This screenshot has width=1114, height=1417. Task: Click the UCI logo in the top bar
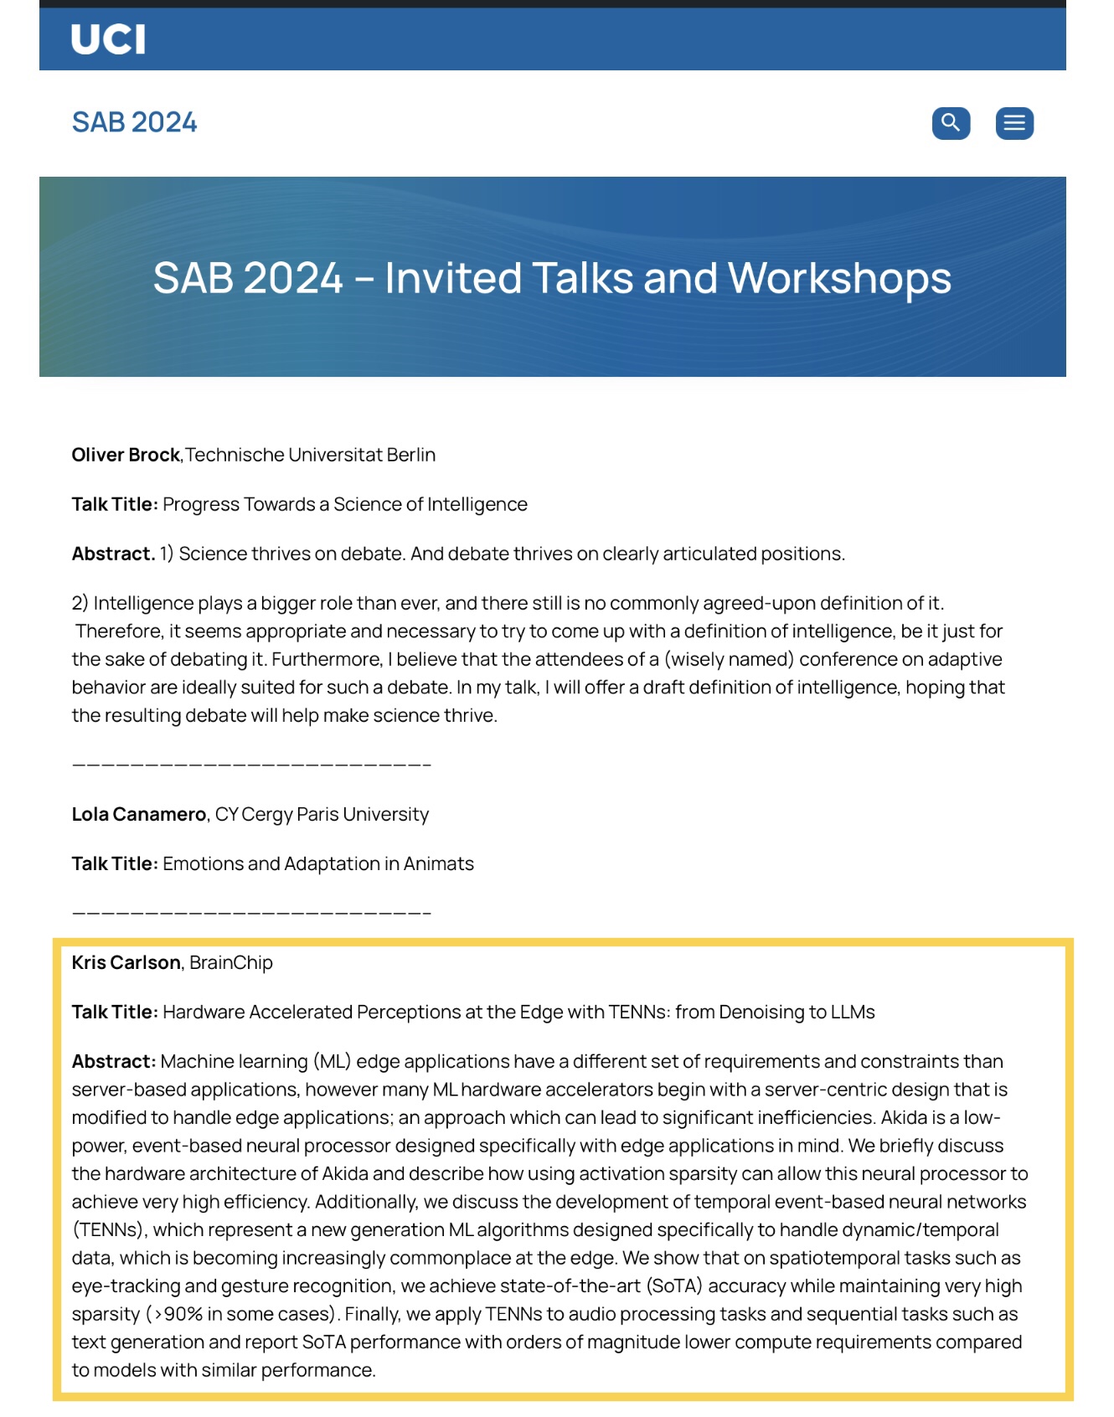click(107, 39)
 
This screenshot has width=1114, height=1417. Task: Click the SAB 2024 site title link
click(134, 122)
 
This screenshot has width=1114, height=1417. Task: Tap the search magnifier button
click(951, 123)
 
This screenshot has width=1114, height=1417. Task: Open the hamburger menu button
click(1013, 123)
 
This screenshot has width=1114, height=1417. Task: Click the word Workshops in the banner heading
click(839, 278)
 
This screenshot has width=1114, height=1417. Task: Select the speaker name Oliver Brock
click(126, 455)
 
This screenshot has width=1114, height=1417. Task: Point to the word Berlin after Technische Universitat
click(410, 455)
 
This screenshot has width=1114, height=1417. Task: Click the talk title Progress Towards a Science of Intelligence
click(344, 504)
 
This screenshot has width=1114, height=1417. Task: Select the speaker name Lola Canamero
click(138, 814)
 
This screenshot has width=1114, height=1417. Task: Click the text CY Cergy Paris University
click(322, 814)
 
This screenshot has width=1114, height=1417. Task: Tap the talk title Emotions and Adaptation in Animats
click(317, 863)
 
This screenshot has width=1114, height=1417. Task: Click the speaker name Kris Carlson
click(126, 962)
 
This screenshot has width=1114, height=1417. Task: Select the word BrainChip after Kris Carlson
click(231, 962)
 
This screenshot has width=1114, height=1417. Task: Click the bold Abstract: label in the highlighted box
click(114, 1061)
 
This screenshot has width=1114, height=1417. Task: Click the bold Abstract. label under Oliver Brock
click(113, 554)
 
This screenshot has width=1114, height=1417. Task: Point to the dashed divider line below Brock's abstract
click(251, 765)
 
